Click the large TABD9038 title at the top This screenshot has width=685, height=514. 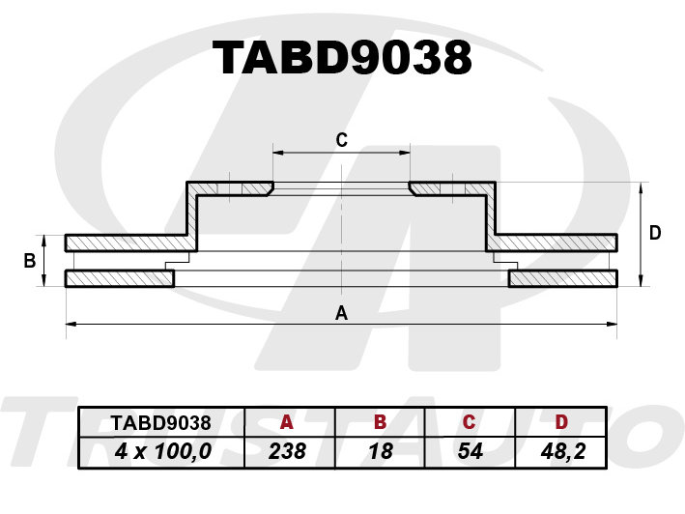click(x=342, y=58)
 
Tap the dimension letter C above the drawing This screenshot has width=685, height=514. click(x=342, y=140)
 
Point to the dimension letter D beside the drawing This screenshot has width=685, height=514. click(x=655, y=233)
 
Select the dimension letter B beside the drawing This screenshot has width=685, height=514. click(x=30, y=261)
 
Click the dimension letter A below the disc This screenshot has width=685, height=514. click(x=342, y=313)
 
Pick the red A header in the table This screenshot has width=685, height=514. click(x=287, y=422)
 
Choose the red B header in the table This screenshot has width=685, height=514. click(x=380, y=422)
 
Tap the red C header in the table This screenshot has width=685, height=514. click(x=469, y=422)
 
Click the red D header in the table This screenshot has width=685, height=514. click(x=561, y=422)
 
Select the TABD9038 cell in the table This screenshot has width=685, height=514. click(x=160, y=423)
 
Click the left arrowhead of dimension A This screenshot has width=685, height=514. click(x=70, y=324)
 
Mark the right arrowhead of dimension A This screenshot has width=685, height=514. click(x=613, y=324)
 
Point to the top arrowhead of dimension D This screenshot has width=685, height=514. click(x=641, y=187)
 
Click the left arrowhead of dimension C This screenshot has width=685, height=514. click(x=278, y=153)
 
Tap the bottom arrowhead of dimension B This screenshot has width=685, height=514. click(x=43, y=281)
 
